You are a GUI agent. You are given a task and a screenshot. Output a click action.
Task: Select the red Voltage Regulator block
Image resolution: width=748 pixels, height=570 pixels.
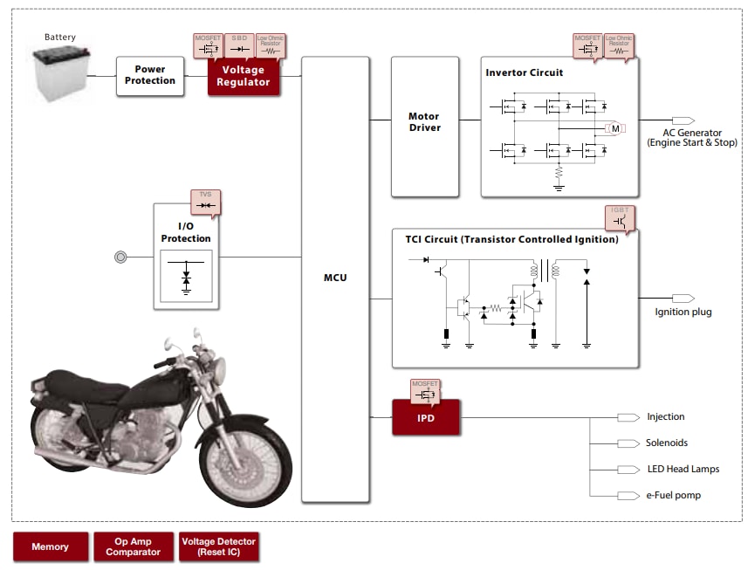coord(243,76)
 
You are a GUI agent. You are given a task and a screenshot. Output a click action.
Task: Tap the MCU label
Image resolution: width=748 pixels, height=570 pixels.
coord(334,278)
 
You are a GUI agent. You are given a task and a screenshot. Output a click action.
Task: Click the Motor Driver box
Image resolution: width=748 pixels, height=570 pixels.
coord(424,122)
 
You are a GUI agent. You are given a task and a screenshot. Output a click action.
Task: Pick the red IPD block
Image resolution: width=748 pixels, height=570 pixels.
coord(425,417)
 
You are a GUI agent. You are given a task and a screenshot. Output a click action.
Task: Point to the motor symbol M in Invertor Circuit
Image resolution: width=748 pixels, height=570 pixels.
coord(615,128)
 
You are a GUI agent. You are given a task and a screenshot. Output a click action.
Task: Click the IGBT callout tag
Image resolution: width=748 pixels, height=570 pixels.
coord(619,216)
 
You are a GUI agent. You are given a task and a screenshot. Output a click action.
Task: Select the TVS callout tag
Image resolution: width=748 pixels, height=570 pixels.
coord(205,201)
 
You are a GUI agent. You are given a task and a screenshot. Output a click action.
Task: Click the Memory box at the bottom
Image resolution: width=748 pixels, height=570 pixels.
coord(50,546)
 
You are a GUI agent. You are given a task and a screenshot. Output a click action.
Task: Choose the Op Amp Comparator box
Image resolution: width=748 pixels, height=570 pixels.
coord(133,546)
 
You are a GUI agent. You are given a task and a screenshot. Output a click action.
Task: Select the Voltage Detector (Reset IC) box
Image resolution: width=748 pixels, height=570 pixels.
coord(218,546)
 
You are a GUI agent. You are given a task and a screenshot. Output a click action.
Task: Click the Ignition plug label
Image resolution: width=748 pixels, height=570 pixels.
coord(683,312)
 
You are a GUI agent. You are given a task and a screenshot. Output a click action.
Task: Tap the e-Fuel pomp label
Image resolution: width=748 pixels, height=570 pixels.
coord(673,495)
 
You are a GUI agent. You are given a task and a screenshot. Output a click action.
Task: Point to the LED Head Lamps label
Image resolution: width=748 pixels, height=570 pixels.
coord(683,469)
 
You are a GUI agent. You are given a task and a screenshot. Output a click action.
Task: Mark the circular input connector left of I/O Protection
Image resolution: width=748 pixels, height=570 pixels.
coord(120,257)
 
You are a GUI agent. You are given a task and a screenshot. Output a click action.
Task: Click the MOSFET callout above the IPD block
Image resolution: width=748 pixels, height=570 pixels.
coord(426,390)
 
